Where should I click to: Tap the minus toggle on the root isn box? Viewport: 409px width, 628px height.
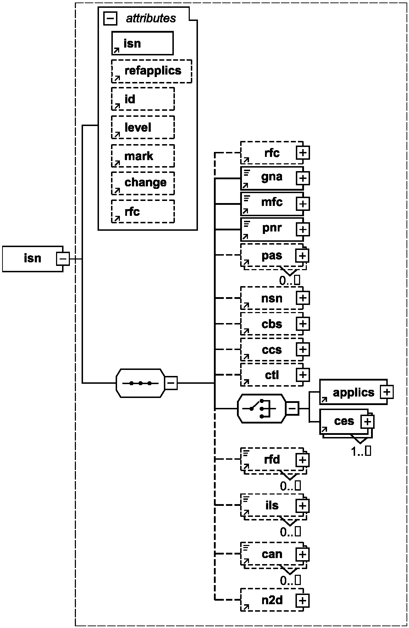click(63, 259)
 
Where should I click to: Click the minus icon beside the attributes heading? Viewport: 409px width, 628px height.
click(110, 18)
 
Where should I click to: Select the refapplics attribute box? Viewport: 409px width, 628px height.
click(152, 71)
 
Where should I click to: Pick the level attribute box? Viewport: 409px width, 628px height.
click(143, 127)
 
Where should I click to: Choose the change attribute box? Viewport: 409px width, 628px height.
click(143, 183)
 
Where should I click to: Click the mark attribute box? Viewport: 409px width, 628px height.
click(143, 155)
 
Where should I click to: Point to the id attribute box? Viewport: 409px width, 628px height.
click(143, 99)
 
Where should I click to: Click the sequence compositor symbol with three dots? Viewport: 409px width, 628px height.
click(140, 383)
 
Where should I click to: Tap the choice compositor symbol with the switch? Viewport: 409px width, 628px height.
click(261, 408)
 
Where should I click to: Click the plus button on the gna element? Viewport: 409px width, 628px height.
click(303, 178)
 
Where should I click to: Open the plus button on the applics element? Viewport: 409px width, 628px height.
click(387, 392)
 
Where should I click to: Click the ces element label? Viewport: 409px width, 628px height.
click(344, 421)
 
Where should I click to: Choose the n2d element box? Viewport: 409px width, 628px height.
click(272, 600)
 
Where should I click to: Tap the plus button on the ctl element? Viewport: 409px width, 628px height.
click(303, 375)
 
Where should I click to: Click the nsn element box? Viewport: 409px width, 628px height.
click(272, 298)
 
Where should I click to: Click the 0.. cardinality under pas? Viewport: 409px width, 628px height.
click(289, 280)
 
